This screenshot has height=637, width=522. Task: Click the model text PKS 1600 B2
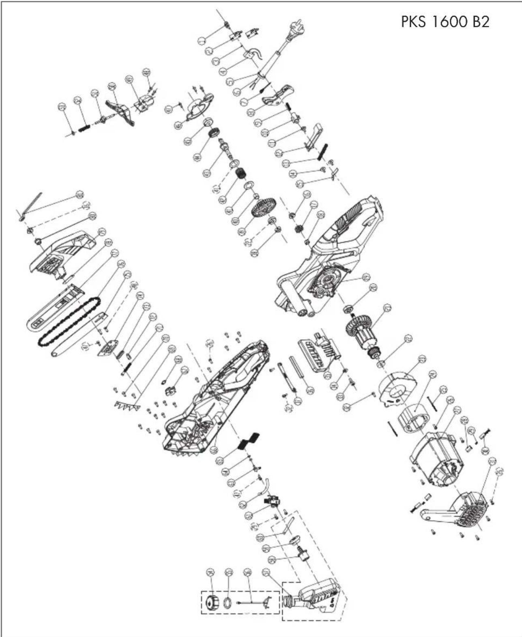point(445,21)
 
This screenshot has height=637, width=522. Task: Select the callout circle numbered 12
point(279,153)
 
